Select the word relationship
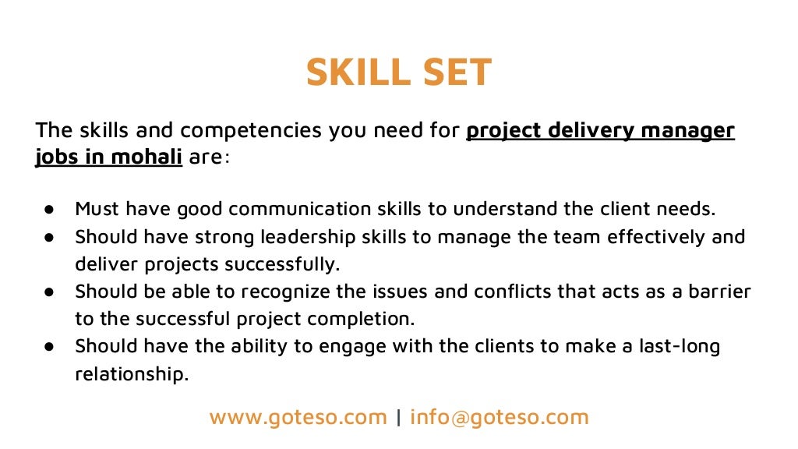132,374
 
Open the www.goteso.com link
298,417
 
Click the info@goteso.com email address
500,417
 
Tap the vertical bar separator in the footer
398,417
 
